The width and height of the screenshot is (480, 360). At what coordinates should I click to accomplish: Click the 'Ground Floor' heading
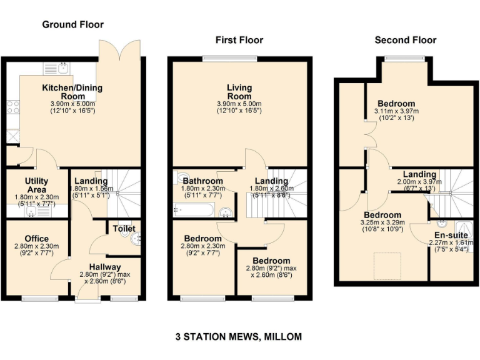tap(72, 24)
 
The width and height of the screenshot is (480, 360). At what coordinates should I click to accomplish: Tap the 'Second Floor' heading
tap(405, 40)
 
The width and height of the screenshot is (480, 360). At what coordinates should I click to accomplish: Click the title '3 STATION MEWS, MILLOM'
tap(239, 336)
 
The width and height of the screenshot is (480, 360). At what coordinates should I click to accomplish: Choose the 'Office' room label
tap(37, 239)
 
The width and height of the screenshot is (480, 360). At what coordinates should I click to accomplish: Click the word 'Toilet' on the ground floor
tap(124, 229)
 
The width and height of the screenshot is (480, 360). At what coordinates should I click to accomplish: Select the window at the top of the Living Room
tap(238, 59)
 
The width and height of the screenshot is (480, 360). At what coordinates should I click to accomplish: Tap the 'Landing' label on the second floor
tap(419, 174)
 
